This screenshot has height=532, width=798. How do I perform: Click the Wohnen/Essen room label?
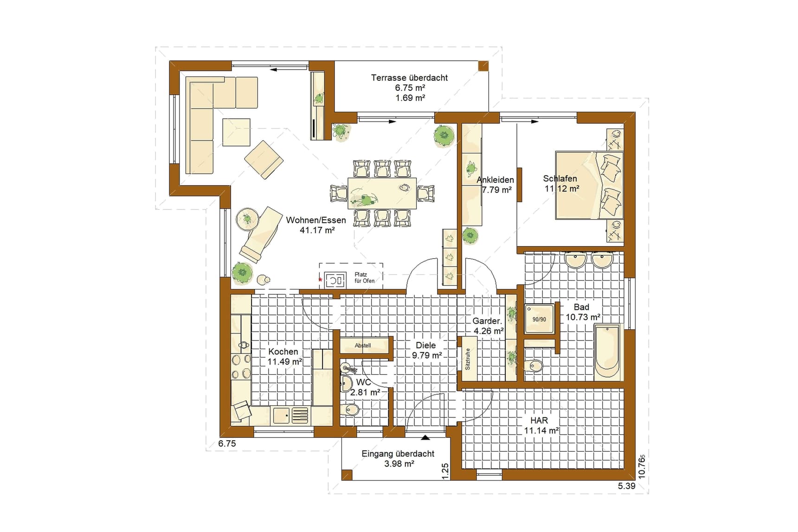tap(316, 220)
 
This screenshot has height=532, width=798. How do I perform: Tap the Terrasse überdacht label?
tap(409, 78)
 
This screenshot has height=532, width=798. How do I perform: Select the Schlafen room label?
tap(560, 179)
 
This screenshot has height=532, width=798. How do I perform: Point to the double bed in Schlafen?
tap(589, 185)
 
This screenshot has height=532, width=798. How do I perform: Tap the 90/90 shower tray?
tap(539, 319)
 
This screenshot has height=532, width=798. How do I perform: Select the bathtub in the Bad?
tap(607, 353)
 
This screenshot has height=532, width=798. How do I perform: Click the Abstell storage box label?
tap(363, 346)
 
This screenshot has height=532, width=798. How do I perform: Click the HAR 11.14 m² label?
tap(541, 425)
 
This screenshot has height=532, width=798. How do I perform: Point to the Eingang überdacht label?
tap(398, 454)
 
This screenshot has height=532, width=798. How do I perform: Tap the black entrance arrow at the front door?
tap(425, 437)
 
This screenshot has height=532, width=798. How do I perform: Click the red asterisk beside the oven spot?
tap(320, 280)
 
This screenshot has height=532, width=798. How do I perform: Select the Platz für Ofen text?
tap(364, 278)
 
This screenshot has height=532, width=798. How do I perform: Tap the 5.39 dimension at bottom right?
tap(626, 486)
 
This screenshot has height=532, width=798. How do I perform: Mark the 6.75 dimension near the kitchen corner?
tap(227, 443)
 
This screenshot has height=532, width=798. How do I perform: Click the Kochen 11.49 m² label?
tap(285, 357)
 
